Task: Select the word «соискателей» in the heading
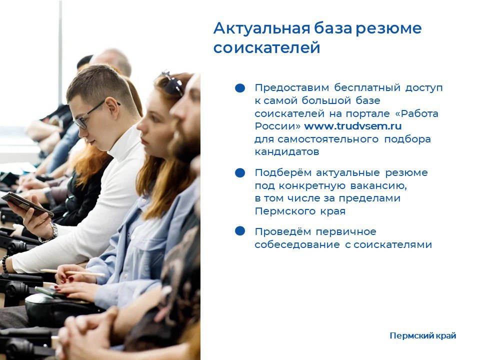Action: coord(266,48)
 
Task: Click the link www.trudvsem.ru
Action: coord(352,126)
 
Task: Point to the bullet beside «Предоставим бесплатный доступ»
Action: coord(240,88)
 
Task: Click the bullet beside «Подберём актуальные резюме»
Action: coord(240,172)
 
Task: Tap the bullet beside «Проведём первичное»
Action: coord(240,231)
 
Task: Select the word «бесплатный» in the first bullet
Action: coord(367,88)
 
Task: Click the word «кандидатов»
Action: coord(287,152)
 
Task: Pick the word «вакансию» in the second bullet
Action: coord(378,186)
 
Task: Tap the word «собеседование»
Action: coord(297,244)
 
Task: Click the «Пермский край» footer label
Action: coord(423,336)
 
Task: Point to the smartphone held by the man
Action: coord(27,204)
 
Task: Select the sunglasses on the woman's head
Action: coord(172,82)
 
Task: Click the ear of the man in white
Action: coord(112,107)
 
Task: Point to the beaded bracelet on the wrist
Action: coord(5,264)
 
